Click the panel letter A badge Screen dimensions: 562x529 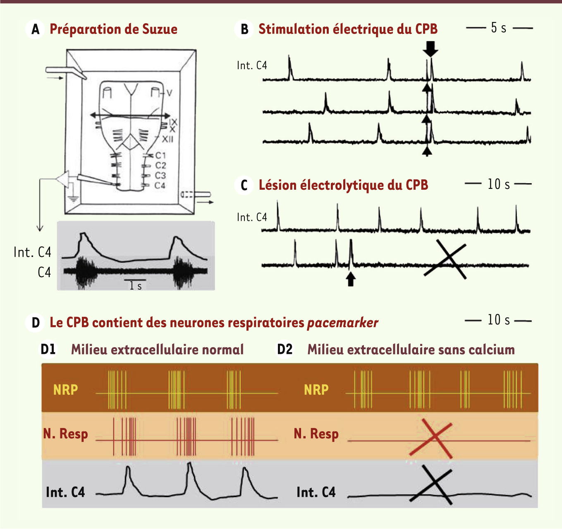click(x=35, y=29)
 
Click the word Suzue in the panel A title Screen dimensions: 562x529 click(x=160, y=29)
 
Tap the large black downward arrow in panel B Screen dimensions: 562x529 click(x=430, y=49)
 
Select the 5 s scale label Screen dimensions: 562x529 click(x=499, y=28)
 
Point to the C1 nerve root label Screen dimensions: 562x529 click(x=160, y=155)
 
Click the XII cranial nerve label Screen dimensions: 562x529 click(x=167, y=139)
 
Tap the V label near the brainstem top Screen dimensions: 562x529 click(x=169, y=93)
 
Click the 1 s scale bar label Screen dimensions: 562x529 click(x=135, y=286)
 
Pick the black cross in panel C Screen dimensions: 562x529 click(x=445, y=259)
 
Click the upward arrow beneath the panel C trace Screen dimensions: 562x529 click(x=351, y=279)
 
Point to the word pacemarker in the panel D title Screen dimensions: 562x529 click(x=343, y=323)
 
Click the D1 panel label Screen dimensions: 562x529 click(x=48, y=349)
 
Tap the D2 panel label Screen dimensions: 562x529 click(x=285, y=349)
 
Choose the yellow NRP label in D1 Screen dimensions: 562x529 click(x=66, y=390)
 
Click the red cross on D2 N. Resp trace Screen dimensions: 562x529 click(x=431, y=438)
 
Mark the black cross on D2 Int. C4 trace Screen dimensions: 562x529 click(x=430, y=485)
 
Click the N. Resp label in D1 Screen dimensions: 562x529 click(x=66, y=434)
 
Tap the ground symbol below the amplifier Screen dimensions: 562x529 click(x=73, y=199)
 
